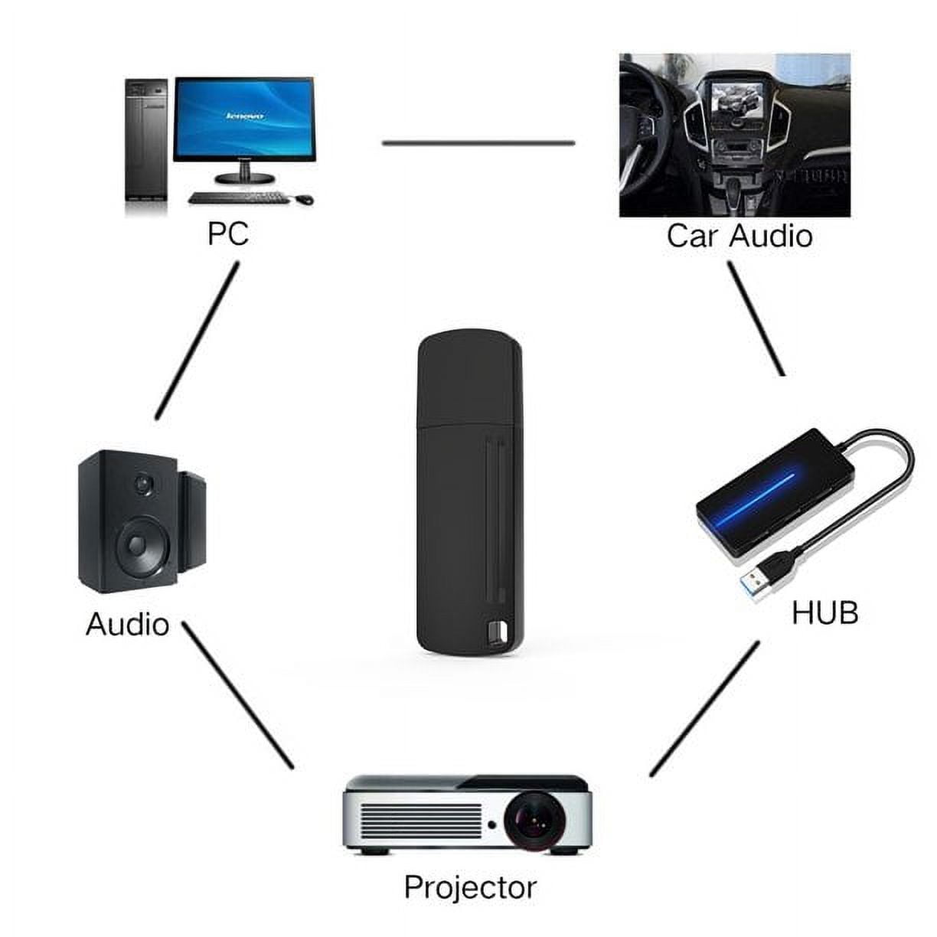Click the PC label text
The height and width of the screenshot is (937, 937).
pyautogui.click(x=228, y=233)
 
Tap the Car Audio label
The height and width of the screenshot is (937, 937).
pyautogui.click(x=739, y=236)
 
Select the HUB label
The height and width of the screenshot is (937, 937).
pyautogui.click(x=824, y=612)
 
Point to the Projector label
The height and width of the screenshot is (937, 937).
pyautogui.click(x=470, y=887)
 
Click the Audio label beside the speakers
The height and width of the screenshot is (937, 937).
pyautogui.click(x=127, y=624)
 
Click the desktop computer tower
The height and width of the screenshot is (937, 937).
pyautogui.click(x=146, y=145)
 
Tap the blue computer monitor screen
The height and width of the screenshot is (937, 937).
pyautogui.click(x=243, y=118)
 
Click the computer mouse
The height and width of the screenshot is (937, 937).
pyautogui.click(x=304, y=199)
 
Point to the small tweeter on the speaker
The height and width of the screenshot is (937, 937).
pyautogui.click(x=142, y=484)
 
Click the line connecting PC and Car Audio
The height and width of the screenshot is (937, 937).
pyautogui.click(x=478, y=142)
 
